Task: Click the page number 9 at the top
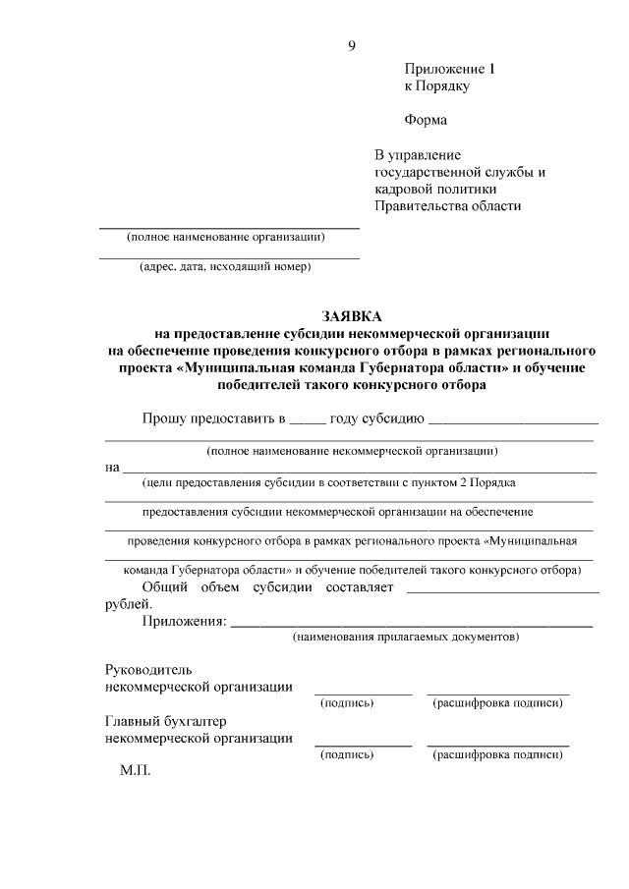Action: click(351, 44)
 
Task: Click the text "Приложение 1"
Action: click(451, 69)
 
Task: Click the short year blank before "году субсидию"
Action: click(307, 420)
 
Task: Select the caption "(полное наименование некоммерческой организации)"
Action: click(351, 451)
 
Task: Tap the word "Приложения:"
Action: click(184, 621)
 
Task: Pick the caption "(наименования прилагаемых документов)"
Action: click(405, 638)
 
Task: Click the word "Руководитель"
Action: click(143, 669)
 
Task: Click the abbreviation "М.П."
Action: click(135, 773)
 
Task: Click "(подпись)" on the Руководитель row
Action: click(347, 703)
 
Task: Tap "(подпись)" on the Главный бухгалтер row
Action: click(347, 754)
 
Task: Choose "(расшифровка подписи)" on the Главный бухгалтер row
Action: click(497, 754)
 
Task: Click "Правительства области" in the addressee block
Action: click(447, 205)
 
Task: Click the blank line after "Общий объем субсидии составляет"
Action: click(501, 591)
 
